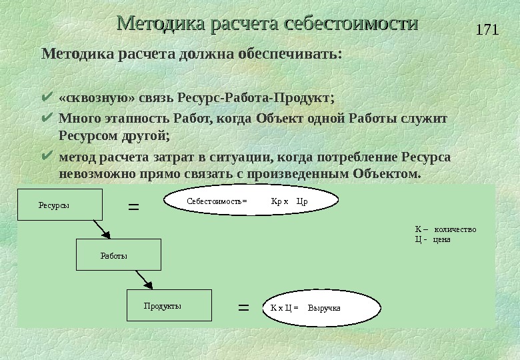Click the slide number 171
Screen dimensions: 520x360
click(x=489, y=31)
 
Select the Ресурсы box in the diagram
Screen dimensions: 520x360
click(x=61, y=205)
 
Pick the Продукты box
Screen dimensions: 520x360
click(x=169, y=306)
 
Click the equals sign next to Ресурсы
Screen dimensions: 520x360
click(x=133, y=207)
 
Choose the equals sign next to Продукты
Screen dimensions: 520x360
click(x=243, y=308)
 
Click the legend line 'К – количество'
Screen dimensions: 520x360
click(x=445, y=229)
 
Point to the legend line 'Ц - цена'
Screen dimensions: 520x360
click(x=433, y=239)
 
